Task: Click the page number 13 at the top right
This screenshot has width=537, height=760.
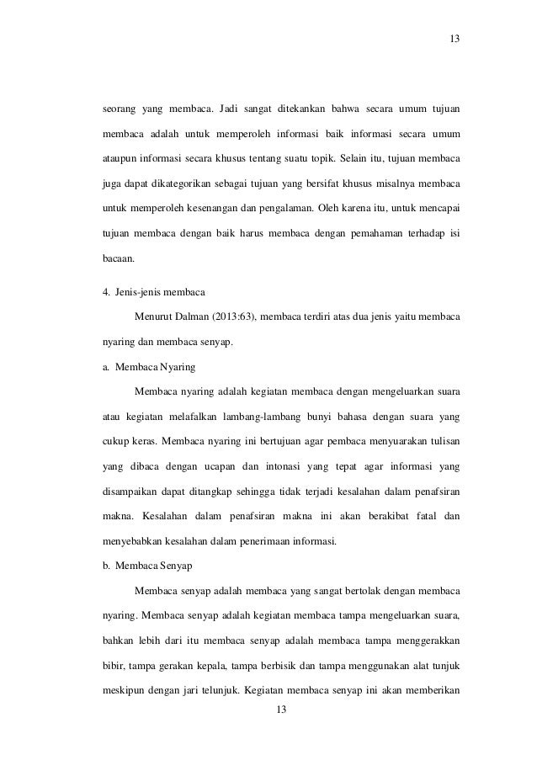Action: pos(455,39)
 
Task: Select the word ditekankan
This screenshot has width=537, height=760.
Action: pos(303,109)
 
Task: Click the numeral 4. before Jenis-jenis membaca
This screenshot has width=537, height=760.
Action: pos(105,292)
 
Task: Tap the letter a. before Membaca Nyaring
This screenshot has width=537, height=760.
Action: pos(105,368)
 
